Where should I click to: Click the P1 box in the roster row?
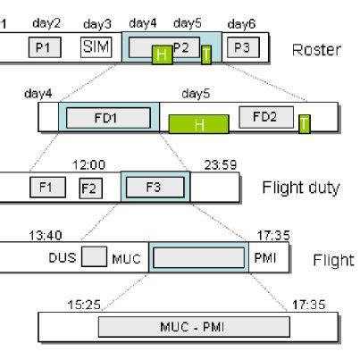coord(43,46)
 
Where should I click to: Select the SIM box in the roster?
coord(95,46)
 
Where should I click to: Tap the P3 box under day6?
coord(242,46)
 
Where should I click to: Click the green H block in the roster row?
coord(162,55)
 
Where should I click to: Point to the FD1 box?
coord(109,117)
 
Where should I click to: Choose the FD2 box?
coord(265,117)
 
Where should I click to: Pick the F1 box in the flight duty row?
coord(47,187)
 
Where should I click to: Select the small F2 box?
coord(88,188)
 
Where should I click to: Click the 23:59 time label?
coord(217,164)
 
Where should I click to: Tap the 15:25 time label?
coord(82,304)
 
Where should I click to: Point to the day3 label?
coord(96,22)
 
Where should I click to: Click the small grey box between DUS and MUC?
coord(94,257)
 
